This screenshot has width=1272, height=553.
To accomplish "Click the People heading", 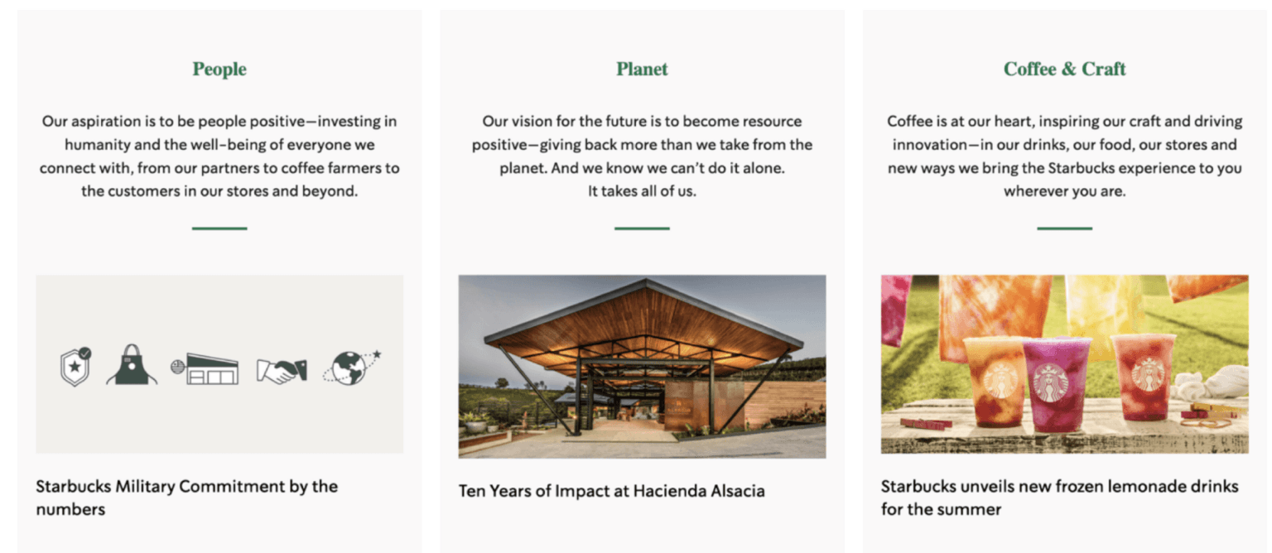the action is [219, 70].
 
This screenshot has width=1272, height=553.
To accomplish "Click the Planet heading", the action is [642, 70].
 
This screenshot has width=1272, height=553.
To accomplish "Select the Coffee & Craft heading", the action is [1064, 70].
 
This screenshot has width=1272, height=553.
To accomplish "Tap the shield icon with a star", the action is [75, 366].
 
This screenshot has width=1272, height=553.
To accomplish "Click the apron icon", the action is [132, 364].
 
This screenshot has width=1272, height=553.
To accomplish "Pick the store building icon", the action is [205, 369].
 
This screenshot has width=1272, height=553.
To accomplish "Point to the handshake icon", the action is [282, 371].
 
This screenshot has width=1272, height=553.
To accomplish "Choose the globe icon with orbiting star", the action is [351, 368].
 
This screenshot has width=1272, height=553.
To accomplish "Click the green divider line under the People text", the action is [219, 228].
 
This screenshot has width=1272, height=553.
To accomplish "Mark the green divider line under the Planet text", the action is [642, 228].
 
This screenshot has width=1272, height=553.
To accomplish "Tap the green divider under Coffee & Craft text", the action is [1064, 228].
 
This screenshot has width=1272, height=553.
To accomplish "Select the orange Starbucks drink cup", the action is [995, 381].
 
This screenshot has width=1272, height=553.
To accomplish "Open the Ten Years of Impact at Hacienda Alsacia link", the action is [612, 491].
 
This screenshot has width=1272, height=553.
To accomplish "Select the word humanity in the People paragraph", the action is [97, 145].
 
